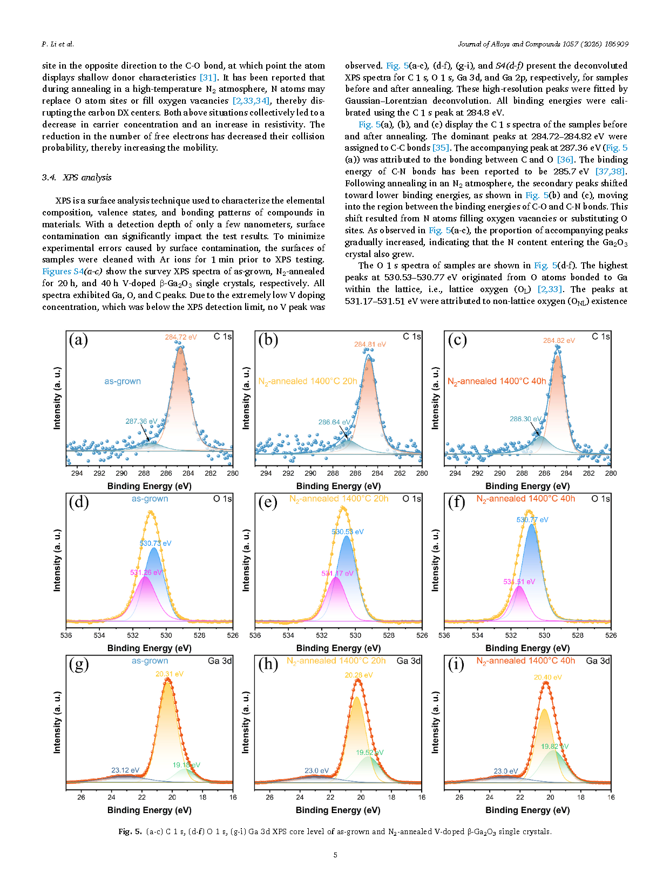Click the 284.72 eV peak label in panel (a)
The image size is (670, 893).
tap(181, 337)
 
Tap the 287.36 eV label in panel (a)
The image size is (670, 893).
tap(141, 421)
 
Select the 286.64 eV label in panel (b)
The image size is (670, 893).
tap(334, 422)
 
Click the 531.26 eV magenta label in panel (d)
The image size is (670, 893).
tap(146, 572)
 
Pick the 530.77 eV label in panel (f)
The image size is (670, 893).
tap(532, 519)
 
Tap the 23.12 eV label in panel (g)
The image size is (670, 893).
tap(125, 770)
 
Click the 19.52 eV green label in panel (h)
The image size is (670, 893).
tap(369, 752)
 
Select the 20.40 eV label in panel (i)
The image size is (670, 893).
tap(547, 677)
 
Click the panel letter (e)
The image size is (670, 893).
tap(268, 502)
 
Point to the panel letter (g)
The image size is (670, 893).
tap(79, 664)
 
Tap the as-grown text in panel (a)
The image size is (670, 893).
tap(123, 381)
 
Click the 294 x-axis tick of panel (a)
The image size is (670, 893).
tap(77, 473)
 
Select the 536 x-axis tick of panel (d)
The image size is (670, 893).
tap(66, 635)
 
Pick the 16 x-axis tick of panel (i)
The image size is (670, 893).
tap(611, 797)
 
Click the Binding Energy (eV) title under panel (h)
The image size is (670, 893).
tap(338, 810)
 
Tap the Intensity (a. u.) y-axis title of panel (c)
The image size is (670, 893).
tap(435, 398)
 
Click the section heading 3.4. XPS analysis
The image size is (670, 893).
tap(77, 177)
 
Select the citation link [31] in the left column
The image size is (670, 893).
tap(208, 77)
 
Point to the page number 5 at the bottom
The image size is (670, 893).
tap(335, 855)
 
